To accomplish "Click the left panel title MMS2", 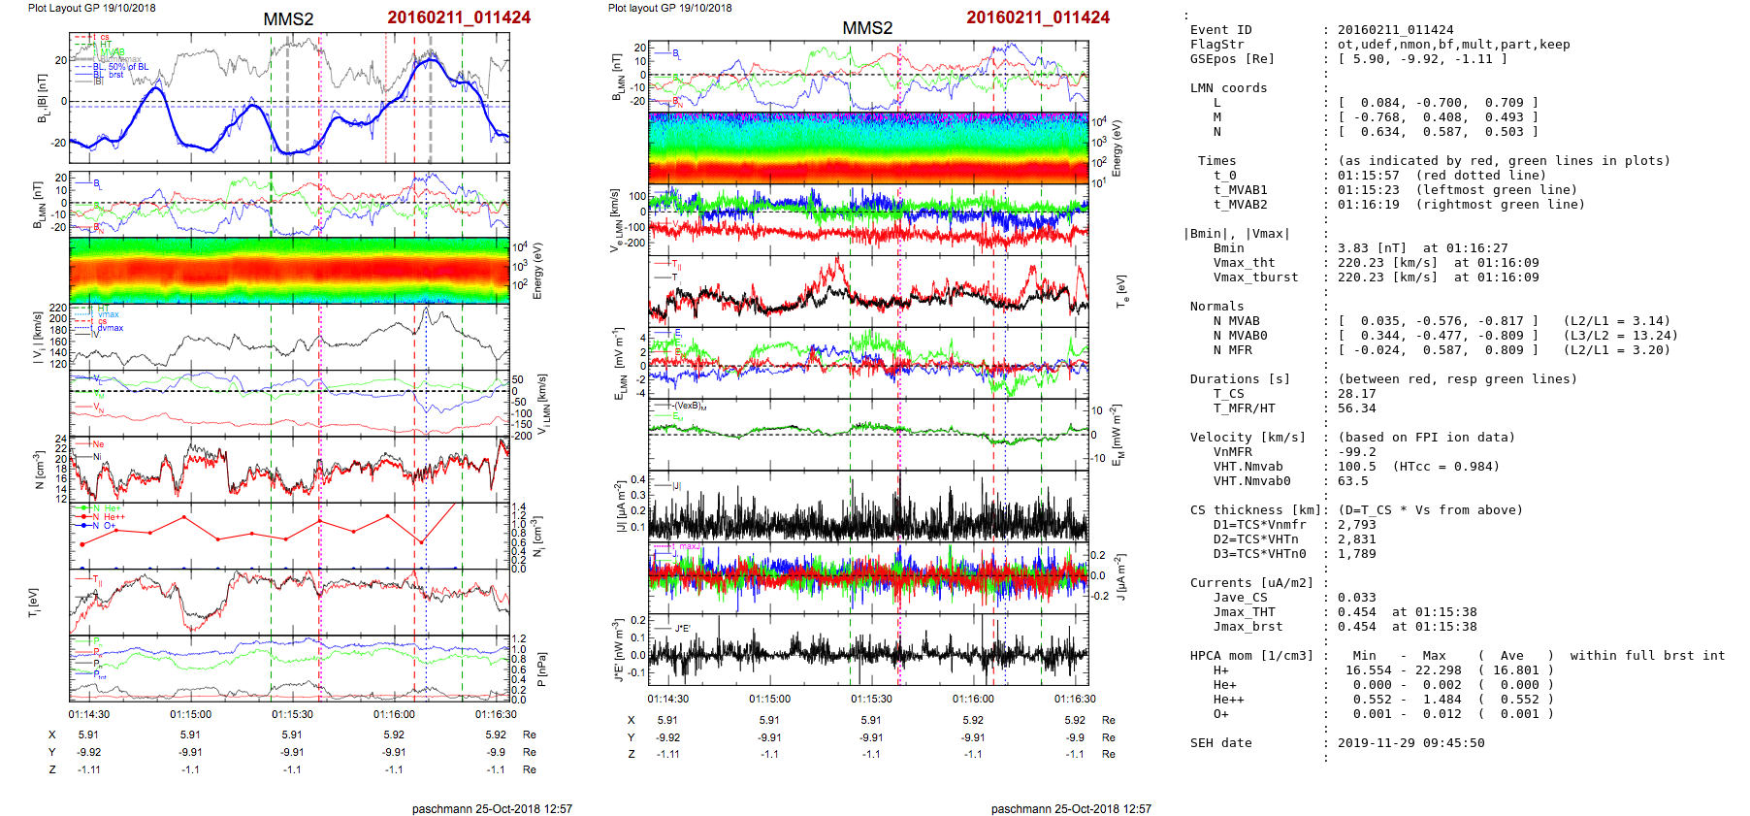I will [288, 19].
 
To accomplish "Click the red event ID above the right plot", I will [1037, 17].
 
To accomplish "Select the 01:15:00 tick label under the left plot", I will [190, 714].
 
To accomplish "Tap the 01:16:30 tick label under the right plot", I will [1075, 699].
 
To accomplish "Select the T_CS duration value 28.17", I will [1356, 394].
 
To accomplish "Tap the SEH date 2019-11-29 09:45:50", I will [1410, 743].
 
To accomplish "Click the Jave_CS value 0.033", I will [1356, 598].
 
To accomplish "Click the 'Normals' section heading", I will [1218, 307].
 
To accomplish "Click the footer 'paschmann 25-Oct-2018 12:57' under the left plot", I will [492, 808].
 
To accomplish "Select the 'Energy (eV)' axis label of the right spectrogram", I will [1117, 148].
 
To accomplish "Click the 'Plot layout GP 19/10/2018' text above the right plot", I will [669, 8].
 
